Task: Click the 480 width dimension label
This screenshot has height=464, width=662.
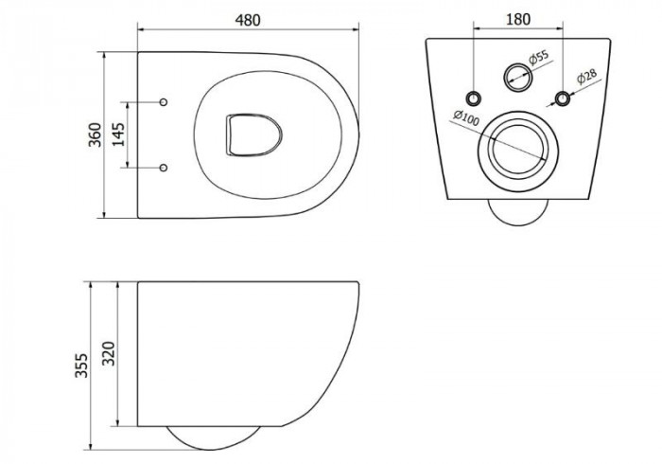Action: [248, 20]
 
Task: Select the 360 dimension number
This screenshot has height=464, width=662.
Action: [95, 134]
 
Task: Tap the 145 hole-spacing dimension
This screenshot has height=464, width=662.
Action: [119, 134]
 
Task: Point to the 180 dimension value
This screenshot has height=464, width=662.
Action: [518, 19]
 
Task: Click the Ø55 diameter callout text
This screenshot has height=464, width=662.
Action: [538, 58]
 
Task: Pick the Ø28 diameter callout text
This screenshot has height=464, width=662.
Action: [587, 77]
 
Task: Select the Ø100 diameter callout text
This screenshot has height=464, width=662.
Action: [466, 117]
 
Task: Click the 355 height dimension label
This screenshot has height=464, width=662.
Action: [81, 366]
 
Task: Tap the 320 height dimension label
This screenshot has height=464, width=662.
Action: [109, 353]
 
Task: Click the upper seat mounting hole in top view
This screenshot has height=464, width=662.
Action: [164, 102]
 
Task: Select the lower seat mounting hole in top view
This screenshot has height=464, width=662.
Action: [164, 168]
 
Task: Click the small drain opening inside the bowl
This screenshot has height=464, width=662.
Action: [253, 134]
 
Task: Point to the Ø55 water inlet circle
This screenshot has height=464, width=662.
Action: [518, 77]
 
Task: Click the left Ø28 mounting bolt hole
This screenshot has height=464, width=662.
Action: [474, 98]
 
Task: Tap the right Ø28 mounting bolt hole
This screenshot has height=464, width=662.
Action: [563, 98]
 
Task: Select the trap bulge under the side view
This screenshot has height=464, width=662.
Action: [213, 437]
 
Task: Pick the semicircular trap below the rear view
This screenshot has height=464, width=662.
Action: [518, 212]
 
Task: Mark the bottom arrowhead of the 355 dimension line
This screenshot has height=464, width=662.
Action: [91, 447]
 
